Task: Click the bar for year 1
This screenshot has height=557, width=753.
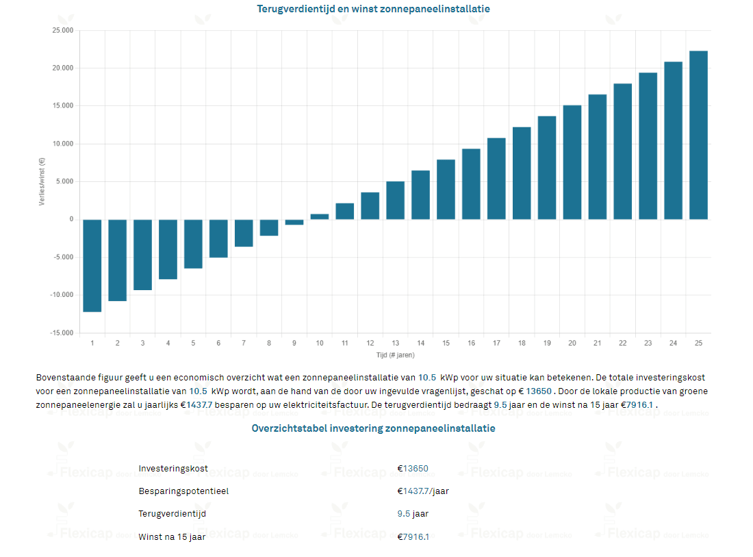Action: [92, 265]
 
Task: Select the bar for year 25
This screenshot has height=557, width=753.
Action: [698, 135]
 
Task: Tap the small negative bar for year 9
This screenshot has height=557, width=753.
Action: [294, 222]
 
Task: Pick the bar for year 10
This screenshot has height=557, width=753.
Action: [320, 216]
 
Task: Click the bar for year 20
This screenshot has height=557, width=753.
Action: [572, 162]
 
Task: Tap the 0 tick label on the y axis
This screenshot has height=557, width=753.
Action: [71, 220]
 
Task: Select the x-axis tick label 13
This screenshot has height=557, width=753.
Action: [396, 343]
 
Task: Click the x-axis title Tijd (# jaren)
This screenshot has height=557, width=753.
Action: [395, 355]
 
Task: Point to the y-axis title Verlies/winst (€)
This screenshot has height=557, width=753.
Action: [42, 182]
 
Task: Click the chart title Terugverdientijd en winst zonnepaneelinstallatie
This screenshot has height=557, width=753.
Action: [373, 9]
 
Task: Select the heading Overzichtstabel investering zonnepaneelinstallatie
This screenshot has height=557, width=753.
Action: [373, 428]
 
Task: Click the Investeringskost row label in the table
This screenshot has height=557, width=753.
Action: [173, 469]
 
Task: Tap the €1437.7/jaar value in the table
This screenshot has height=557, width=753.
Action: [423, 491]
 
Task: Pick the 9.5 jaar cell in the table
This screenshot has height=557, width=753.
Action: [413, 513]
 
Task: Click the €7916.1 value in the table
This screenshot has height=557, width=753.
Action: [413, 536]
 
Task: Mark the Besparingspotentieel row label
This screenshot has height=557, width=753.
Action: [183, 491]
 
